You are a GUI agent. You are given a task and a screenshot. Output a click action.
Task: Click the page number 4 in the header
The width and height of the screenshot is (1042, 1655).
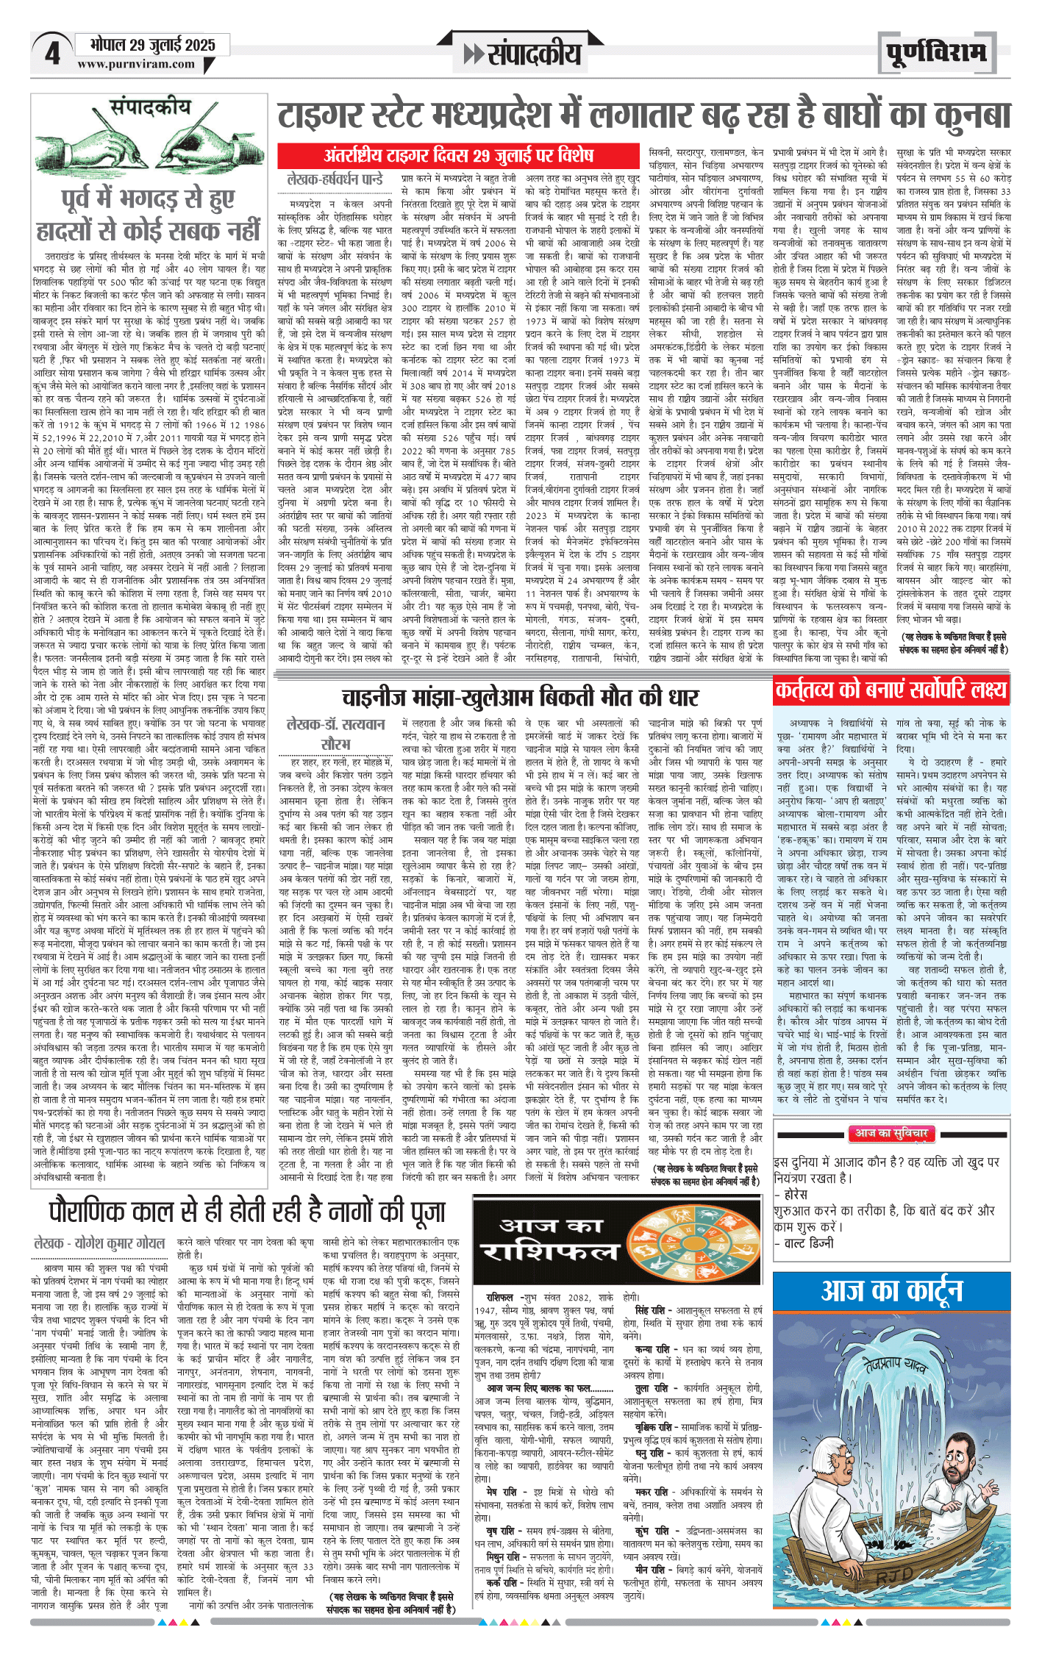tap(52, 54)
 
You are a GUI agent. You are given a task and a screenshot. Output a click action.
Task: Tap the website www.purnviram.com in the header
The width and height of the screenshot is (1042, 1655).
tap(136, 64)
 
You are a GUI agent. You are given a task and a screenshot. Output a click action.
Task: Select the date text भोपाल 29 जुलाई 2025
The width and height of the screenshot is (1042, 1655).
tap(152, 45)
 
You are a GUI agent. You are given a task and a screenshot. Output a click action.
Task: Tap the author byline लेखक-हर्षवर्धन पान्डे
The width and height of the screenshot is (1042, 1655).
tap(335, 179)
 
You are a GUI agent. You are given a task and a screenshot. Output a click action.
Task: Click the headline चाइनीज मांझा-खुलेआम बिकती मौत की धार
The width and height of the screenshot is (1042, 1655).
tap(520, 696)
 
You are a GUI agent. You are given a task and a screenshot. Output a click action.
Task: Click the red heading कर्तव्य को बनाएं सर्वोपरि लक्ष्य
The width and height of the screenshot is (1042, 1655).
tap(891, 690)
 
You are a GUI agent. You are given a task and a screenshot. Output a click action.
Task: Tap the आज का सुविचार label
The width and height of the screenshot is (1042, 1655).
tap(891, 1133)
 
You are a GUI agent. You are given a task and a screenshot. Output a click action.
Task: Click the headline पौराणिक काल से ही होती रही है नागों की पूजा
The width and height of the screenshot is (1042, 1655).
tap(247, 1211)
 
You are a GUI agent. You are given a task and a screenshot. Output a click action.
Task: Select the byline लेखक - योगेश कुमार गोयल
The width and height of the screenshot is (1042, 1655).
tap(99, 1243)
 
